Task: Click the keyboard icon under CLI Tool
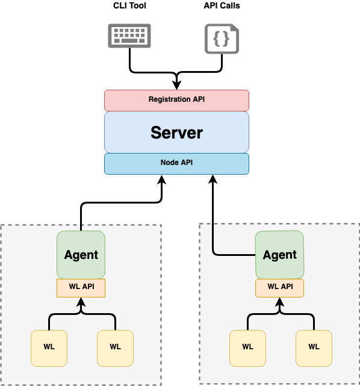pos(129,36)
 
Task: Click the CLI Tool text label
pos(129,6)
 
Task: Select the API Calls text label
pos(222,6)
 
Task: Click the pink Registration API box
pos(176,99)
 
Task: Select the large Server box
pos(176,132)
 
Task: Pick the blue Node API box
pos(176,163)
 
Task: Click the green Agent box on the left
pos(81,254)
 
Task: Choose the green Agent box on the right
pos(280,254)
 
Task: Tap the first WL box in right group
pos(247,347)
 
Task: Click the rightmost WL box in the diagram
pos(314,347)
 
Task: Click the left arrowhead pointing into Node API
pos(162,179)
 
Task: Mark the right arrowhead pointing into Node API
pos(213,179)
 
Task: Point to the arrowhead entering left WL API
pos(81,302)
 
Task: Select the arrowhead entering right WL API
pos(280,302)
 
